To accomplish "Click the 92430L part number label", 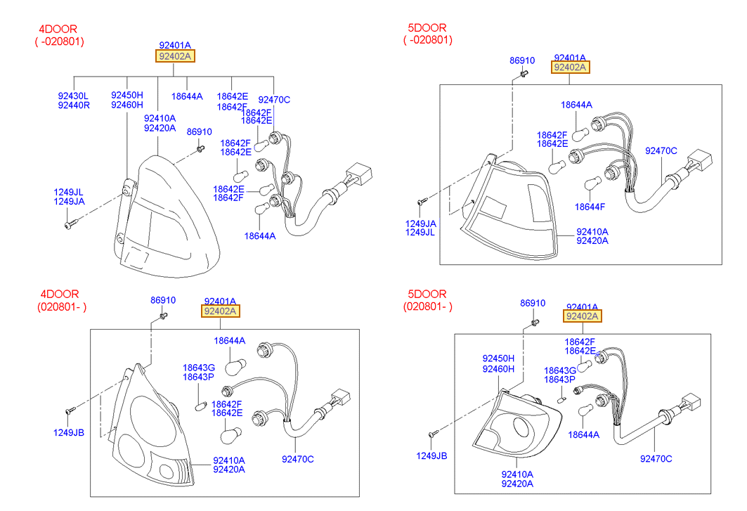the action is (73, 96).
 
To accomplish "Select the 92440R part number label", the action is (74, 105).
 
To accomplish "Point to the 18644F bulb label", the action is (590, 207).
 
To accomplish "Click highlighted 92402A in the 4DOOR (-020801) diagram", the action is (175, 56).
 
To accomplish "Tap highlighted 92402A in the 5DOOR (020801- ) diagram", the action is (582, 316).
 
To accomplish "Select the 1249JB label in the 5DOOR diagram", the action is (431, 455).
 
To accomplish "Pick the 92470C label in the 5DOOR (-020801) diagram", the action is (661, 150).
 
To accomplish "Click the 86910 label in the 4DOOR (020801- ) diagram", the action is (163, 300).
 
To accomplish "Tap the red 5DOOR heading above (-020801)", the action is (427, 27).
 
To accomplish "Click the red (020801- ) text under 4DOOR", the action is (62, 306).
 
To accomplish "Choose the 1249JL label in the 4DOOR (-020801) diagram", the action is (68, 192).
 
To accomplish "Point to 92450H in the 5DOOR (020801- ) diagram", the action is (498, 358).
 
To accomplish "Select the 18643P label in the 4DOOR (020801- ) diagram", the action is (198, 377).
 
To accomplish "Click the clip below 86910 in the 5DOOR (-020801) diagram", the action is (524, 74).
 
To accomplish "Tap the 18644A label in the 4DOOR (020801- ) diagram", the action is (230, 340).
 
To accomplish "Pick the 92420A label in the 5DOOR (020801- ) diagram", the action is (517, 484).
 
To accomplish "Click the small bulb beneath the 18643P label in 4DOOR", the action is (201, 406).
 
